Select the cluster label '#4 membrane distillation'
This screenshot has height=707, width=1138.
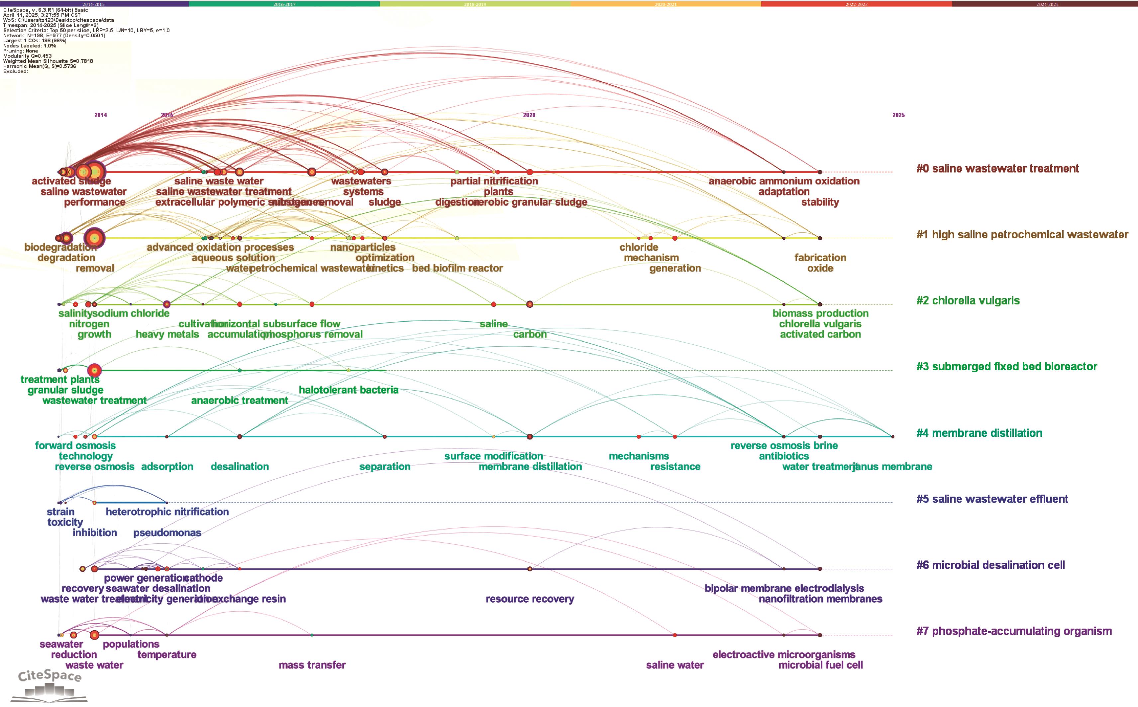point(979,433)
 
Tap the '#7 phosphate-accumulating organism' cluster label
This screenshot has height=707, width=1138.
point(1014,631)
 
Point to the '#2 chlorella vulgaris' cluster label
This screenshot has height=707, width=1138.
point(968,301)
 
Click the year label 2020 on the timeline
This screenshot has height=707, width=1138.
point(529,115)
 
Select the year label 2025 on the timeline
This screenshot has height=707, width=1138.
point(898,115)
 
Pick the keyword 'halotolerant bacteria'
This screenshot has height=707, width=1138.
point(349,390)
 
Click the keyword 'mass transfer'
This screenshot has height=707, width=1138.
point(312,665)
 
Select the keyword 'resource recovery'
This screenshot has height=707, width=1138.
point(530,599)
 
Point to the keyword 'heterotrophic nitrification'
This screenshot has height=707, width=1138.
point(167,512)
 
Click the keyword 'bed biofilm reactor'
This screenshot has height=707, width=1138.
point(458,268)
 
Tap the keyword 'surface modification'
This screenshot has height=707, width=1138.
point(493,456)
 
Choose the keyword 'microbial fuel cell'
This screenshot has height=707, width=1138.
point(820,665)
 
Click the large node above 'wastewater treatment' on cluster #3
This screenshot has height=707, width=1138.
point(94,370)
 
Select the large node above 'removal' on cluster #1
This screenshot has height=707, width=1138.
point(94,238)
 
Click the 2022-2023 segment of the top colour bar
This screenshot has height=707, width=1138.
point(856,4)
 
